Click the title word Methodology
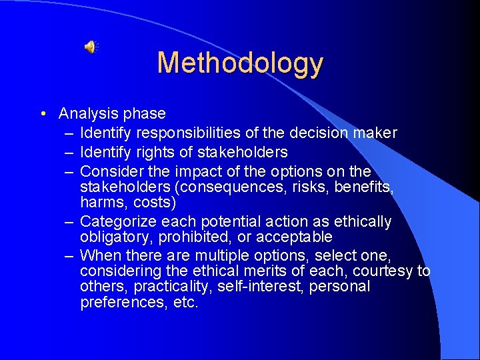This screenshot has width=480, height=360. point(240,63)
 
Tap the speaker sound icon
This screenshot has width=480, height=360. point(90,47)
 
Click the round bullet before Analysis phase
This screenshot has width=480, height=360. point(43,114)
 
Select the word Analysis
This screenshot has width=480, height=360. point(85,114)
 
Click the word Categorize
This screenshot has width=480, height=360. point(117,221)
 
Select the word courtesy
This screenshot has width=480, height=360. point(383,271)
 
